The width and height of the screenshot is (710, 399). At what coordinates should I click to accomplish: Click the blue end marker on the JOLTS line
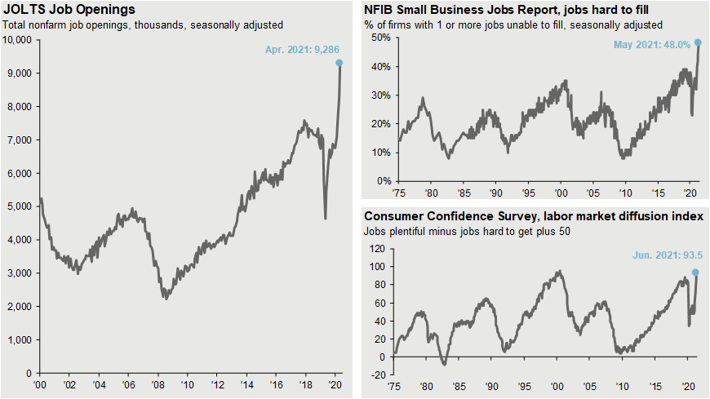click(x=339, y=63)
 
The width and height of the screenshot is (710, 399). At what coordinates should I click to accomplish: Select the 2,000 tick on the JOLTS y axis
click(x=19, y=306)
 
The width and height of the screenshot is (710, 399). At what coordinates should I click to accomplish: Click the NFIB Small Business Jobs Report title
click(x=513, y=11)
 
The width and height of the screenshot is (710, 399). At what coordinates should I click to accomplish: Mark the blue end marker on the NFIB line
click(x=698, y=42)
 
